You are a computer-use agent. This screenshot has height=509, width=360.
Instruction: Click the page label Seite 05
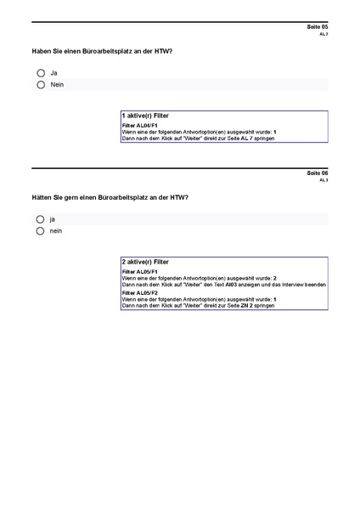coord(317,27)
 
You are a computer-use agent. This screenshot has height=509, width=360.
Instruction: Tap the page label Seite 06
coord(317,172)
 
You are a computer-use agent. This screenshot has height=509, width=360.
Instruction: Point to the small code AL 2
coord(323,35)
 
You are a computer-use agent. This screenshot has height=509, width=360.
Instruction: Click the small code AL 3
coord(323,180)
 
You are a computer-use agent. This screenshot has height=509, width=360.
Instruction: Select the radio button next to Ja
coord(41,73)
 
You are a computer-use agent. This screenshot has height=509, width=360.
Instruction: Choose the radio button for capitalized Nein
coord(41,85)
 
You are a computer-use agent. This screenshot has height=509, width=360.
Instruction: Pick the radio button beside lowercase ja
coord(40,219)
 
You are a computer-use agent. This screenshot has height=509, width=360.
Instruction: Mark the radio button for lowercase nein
coord(40,230)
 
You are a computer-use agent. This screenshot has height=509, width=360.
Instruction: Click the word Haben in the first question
coord(42,52)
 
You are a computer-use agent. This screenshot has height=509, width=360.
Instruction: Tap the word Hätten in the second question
coord(43,197)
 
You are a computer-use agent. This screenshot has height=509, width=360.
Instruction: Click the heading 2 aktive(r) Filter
coord(145,263)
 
